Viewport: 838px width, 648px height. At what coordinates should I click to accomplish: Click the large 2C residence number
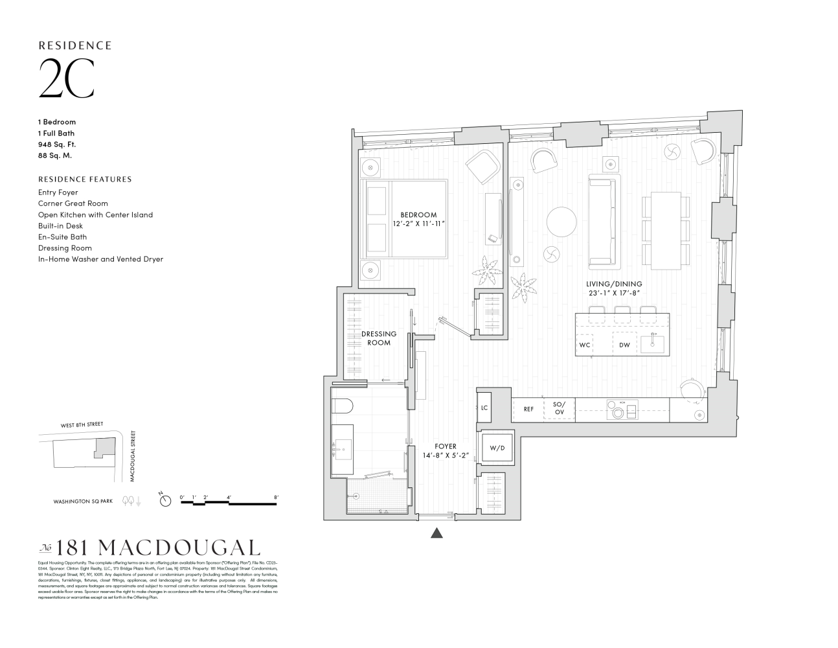tap(67, 79)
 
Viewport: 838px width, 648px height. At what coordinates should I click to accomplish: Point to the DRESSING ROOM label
tap(378, 338)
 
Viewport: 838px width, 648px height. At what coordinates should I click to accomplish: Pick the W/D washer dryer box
tap(497, 448)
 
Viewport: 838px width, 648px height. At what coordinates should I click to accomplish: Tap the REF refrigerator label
tap(528, 409)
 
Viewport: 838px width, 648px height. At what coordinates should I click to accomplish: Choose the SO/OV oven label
tap(558, 408)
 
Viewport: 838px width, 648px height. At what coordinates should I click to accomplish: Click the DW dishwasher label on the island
tap(624, 345)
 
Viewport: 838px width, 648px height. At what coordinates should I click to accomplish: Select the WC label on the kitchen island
tap(585, 345)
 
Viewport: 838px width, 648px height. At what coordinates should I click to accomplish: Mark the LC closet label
tap(484, 408)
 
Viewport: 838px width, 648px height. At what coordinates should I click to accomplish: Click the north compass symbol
tap(165, 500)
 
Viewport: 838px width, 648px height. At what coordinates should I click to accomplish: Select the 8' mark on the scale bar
tap(277, 498)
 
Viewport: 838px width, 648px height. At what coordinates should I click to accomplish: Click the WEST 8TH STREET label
tap(82, 424)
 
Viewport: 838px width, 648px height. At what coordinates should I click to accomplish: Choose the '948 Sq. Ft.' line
tap(56, 144)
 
